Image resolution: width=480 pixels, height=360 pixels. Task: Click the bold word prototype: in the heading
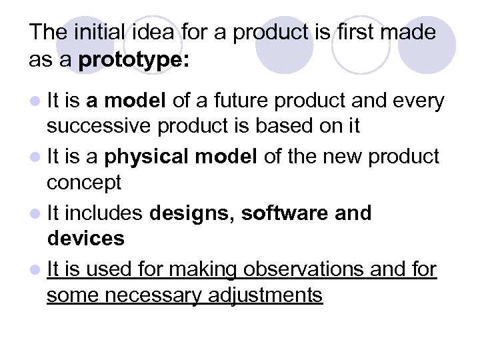(134, 61)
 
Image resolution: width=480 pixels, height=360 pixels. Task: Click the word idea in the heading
(139, 31)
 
